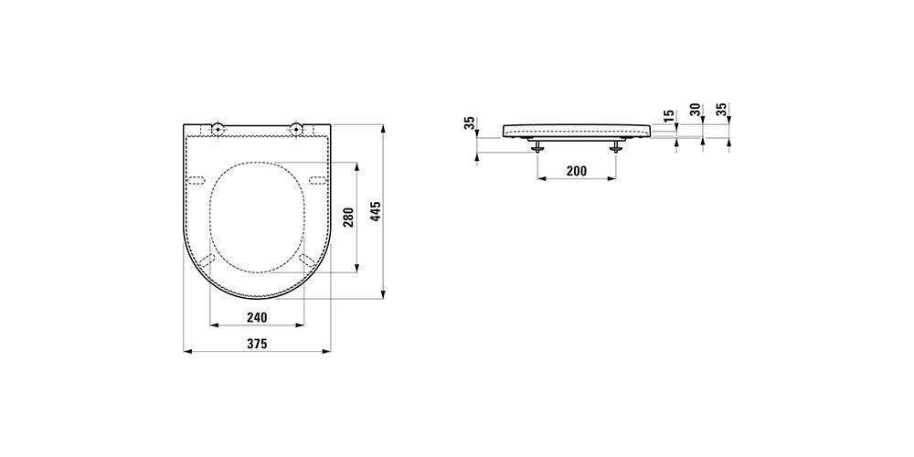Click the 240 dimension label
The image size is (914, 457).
[257, 317]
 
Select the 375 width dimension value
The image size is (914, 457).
[257, 344]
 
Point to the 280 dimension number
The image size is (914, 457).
[349, 218]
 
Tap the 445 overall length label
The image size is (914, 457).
[376, 211]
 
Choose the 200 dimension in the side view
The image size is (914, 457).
[577, 171]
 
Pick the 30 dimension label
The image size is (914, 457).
[695, 111]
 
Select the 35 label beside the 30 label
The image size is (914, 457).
[722, 111]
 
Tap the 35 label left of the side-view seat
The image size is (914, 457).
[469, 123]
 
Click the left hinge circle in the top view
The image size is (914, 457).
[218, 129]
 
